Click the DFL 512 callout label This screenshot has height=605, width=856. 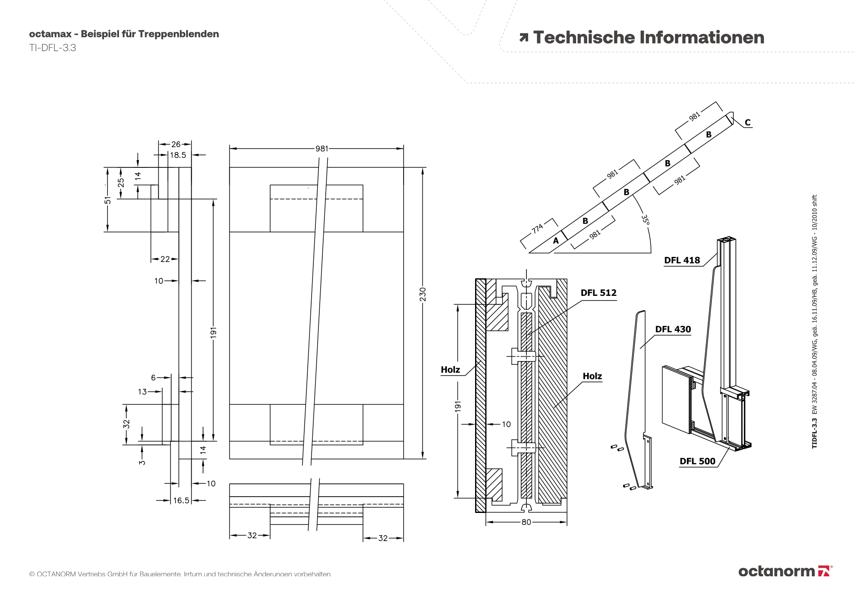(598, 293)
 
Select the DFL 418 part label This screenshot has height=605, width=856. (682, 260)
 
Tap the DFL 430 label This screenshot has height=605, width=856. (673, 329)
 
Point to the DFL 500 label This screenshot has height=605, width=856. (697, 461)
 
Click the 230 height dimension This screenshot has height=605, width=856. (423, 294)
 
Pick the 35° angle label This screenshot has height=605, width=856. (645, 219)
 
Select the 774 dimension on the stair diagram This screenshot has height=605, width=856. (538, 228)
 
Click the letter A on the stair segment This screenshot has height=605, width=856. (556, 241)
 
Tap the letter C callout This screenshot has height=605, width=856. (747, 122)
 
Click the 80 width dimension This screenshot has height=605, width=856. (526, 522)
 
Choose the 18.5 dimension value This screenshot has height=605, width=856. (178, 155)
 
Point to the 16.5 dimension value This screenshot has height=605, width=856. (181, 500)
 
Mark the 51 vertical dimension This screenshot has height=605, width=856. (108, 200)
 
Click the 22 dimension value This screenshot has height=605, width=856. (165, 259)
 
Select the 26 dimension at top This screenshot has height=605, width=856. (175, 144)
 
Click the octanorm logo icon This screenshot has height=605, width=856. (823, 571)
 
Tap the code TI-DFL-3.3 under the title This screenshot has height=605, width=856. (53, 48)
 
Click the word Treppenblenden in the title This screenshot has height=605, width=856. (178, 34)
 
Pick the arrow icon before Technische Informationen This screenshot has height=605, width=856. (523, 38)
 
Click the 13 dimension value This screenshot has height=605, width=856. (143, 391)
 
